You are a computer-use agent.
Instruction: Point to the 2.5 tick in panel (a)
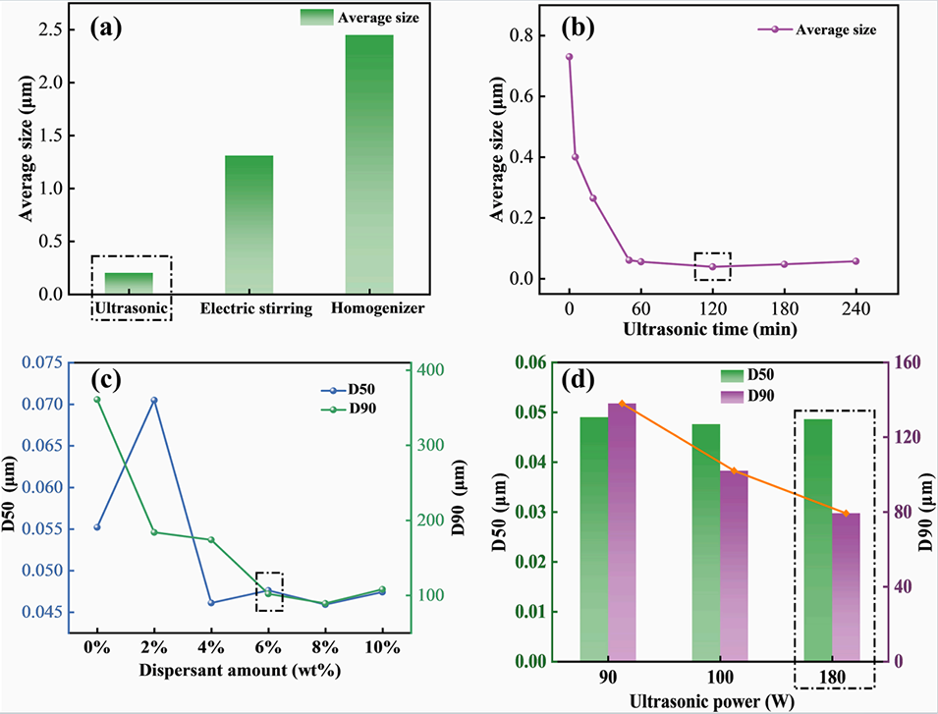click(x=50, y=29)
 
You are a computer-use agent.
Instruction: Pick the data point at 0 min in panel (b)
click(x=569, y=57)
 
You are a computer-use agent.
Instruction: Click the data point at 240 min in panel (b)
click(x=855, y=261)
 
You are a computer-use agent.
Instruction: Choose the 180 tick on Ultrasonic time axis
click(x=784, y=304)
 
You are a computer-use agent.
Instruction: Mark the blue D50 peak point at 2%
click(x=153, y=400)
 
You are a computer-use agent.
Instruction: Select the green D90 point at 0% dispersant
click(x=97, y=399)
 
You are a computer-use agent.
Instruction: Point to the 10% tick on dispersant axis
click(x=381, y=647)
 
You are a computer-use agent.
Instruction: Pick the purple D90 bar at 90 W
click(x=622, y=531)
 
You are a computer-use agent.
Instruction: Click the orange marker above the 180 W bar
click(x=846, y=513)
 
